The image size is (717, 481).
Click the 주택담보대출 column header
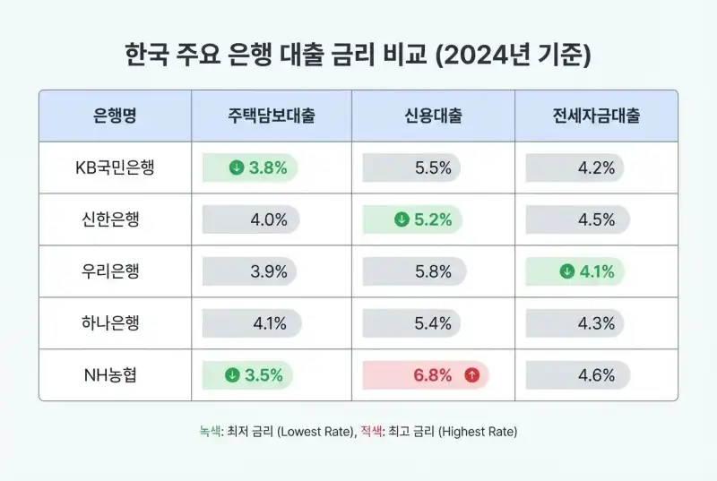[x=271, y=116]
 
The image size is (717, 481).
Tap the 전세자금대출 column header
[x=596, y=116]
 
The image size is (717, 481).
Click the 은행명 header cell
[x=115, y=116]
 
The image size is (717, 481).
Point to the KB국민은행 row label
[x=115, y=167]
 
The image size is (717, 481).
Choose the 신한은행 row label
[x=115, y=219]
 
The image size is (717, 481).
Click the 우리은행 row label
[x=115, y=271]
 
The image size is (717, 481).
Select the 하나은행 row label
[x=115, y=323]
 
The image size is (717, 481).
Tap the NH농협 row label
[x=115, y=375]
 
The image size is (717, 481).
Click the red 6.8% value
[x=433, y=375]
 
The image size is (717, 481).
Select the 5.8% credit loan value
[x=433, y=271]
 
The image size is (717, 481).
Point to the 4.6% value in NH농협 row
[x=596, y=375]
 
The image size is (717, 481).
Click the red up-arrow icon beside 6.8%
[x=471, y=375]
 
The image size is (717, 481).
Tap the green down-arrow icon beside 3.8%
[x=237, y=167]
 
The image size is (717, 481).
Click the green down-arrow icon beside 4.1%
[x=566, y=271]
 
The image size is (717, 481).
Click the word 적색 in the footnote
[x=369, y=431]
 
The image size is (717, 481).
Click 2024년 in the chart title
[x=489, y=56]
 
